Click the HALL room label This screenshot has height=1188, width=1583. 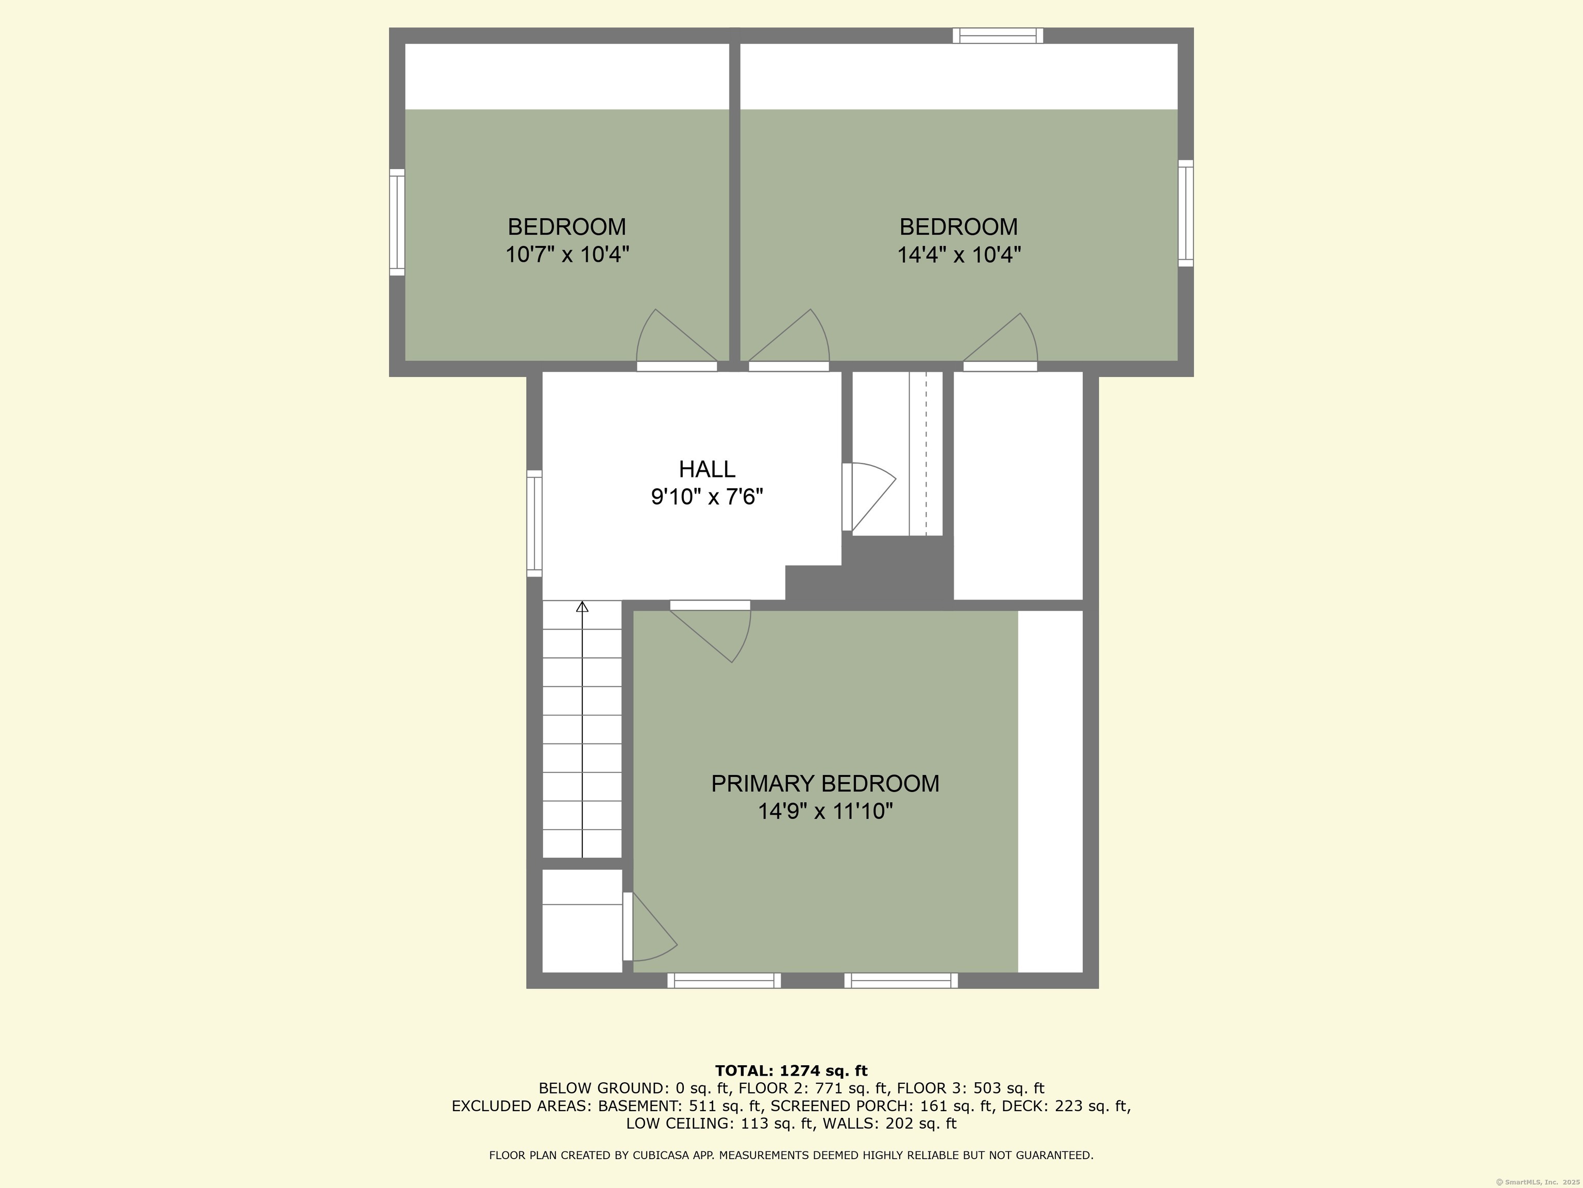707,469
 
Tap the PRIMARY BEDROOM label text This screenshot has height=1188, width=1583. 825,783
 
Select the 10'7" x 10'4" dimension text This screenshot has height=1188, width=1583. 567,254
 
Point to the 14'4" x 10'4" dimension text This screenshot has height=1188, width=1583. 959,254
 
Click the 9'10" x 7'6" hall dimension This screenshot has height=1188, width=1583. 707,496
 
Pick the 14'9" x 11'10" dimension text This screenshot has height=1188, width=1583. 826,811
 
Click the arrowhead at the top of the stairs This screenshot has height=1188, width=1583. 582,606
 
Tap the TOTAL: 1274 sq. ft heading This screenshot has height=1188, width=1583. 791,1070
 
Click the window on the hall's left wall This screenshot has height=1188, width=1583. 534,523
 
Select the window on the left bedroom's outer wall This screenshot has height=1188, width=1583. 397,222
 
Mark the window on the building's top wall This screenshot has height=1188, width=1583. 998,36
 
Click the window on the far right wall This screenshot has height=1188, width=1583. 1186,213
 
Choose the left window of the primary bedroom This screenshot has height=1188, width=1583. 724,980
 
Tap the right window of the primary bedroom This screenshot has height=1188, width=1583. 901,980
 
